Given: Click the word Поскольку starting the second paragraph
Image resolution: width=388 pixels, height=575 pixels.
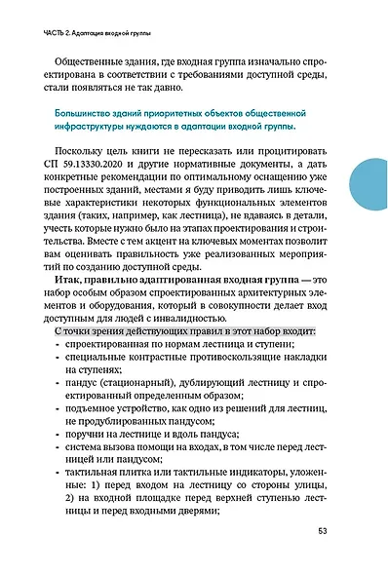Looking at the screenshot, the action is pos(93,159).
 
